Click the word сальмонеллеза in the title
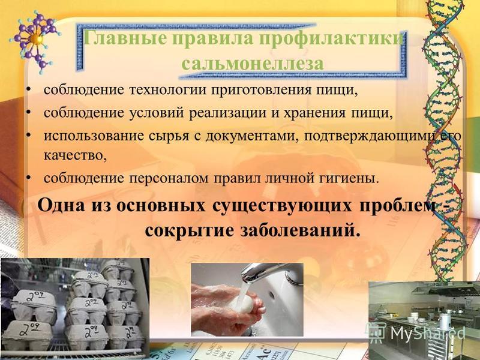click(x=253, y=64)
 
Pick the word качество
click(x=76, y=155)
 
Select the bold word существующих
click(x=281, y=206)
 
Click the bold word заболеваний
click(x=299, y=230)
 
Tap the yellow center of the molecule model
click(x=36, y=38)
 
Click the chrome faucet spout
click(x=269, y=272)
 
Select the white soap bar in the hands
click(x=243, y=305)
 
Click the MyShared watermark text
click(x=428, y=333)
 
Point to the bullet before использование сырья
click(x=28, y=134)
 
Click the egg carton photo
click(x=74, y=308)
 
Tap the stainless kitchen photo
click(x=424, y=320)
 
